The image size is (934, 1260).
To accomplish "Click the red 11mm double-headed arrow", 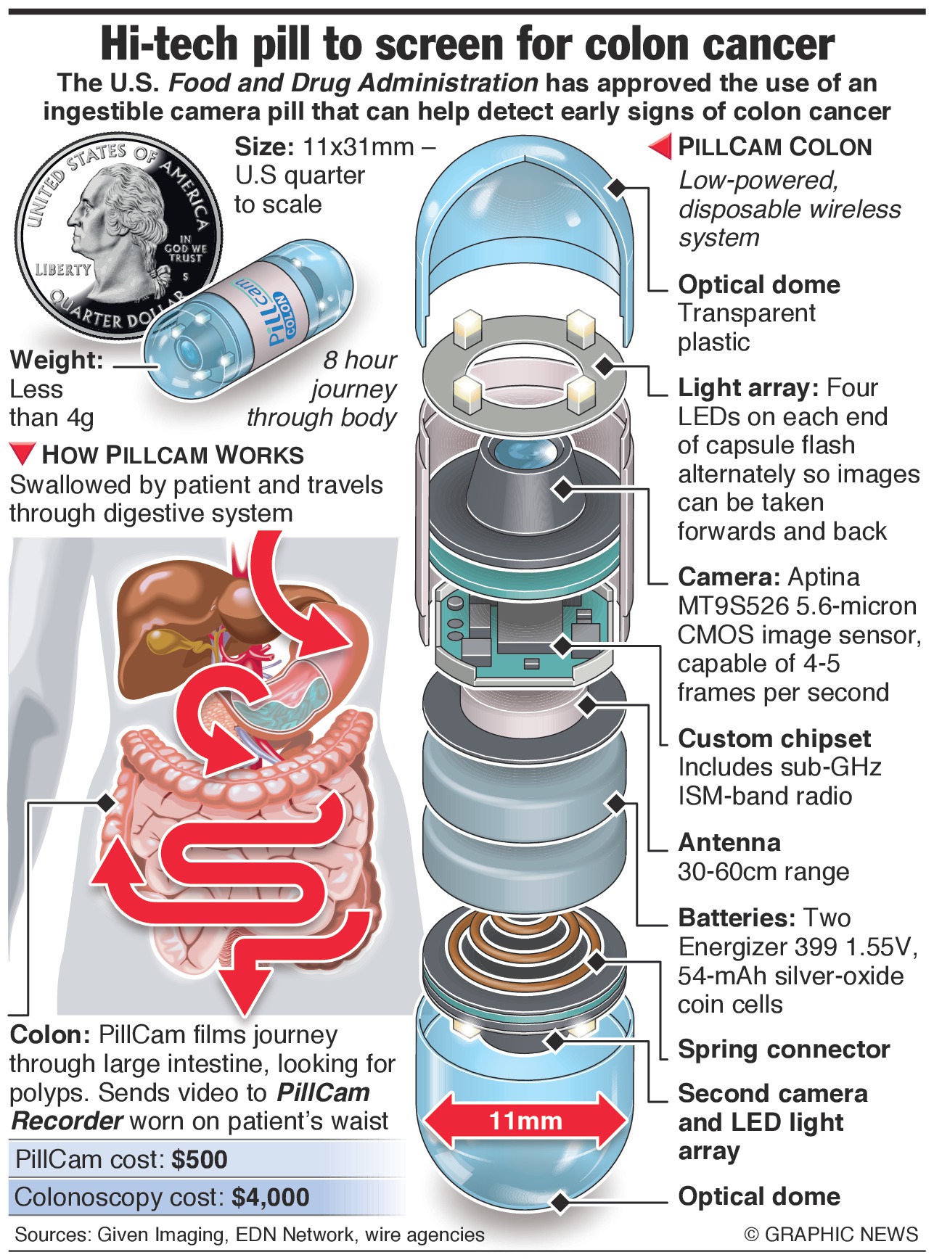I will tap(525, 1121).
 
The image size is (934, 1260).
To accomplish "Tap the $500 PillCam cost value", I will tap(200, 1159).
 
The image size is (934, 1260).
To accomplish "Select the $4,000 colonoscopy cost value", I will tap(271, 1197).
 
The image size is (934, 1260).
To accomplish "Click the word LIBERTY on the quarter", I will tap(64, 270).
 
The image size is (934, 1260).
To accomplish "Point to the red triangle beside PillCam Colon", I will tap(660, 147).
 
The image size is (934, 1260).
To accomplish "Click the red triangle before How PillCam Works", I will tap(22, 454).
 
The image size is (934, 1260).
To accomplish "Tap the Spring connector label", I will tap(783, 1049).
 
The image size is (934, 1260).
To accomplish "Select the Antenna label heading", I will tap(729, 842).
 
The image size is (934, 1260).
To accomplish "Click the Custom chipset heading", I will tap(774, 738).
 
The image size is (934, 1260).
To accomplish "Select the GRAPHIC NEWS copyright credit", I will tap(831, 1234).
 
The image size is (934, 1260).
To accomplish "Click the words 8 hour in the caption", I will tap(359, 360).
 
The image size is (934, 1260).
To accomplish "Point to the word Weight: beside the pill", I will tap(57, 360).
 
